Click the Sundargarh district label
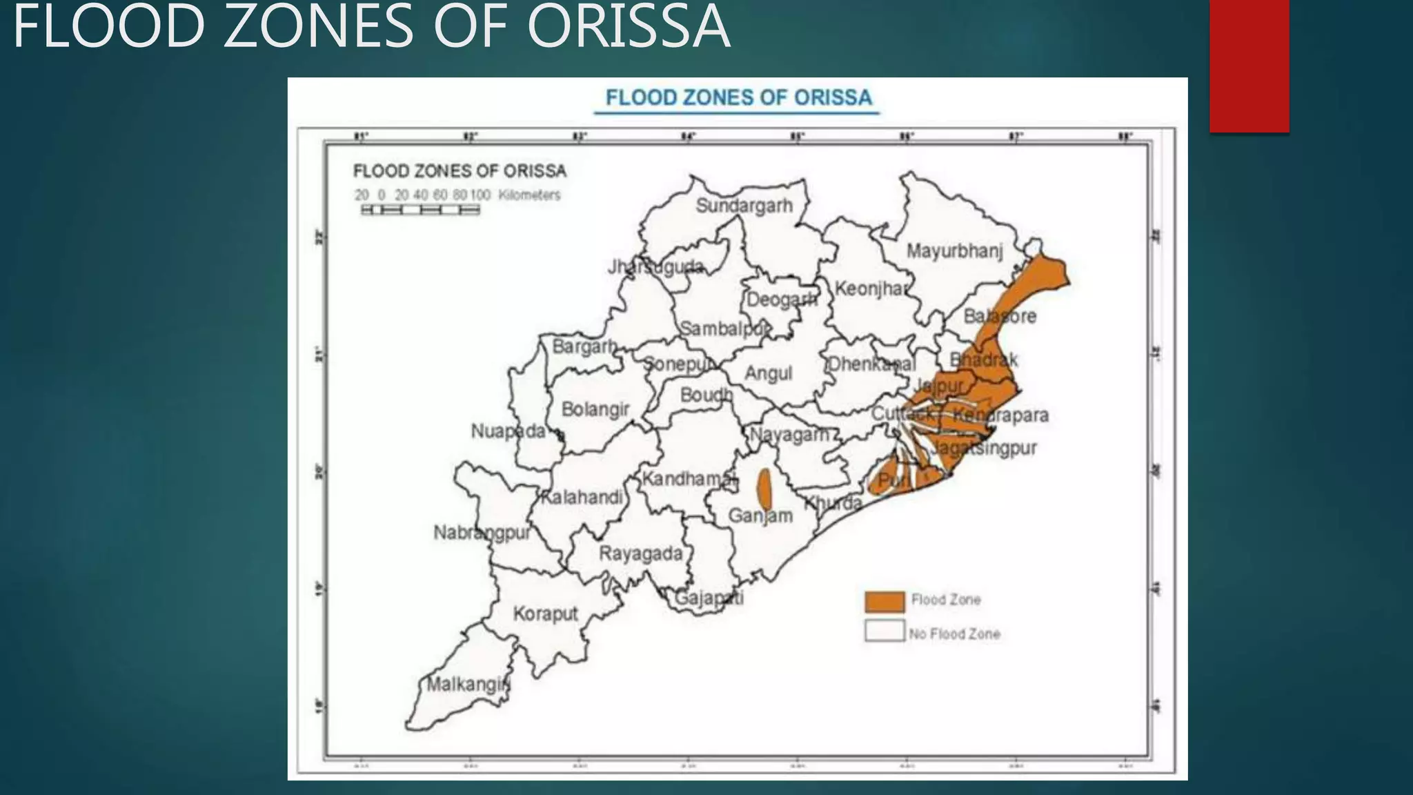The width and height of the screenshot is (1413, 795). point(744,206)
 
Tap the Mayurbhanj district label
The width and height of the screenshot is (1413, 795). point(954,251)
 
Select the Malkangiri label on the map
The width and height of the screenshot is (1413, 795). point(468,685)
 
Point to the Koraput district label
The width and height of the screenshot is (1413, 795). point(545,614)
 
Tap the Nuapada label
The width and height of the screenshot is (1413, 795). point(508,431)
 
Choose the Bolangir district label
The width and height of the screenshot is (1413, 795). point(595,409)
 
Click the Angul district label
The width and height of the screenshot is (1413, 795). point(768,373)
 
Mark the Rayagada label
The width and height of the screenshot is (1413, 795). point(640,553)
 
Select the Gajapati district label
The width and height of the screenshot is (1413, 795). point(709,598)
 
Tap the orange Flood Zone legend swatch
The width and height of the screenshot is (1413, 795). point(885,601)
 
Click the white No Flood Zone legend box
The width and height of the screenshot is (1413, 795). point(885,631)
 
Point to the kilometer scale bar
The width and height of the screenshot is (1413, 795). point(420,210)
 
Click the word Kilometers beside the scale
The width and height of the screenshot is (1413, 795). point(529,195)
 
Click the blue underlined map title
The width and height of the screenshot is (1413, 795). point(738,98)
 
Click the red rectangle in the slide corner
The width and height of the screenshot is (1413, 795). point(1249,66)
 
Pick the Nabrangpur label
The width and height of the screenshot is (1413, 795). point(482,533)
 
